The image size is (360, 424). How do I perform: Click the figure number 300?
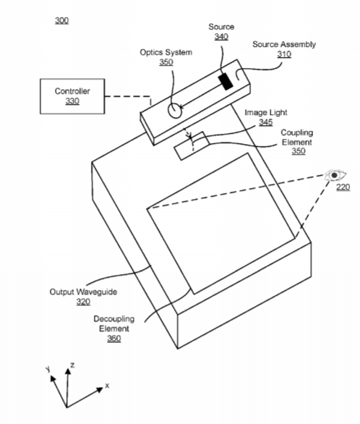(62, 20)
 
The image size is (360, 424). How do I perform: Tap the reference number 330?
(72, 101)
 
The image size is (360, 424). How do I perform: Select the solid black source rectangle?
(226, 81)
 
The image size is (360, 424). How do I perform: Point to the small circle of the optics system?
(175, 111)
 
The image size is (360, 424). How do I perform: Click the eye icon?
(335, 175)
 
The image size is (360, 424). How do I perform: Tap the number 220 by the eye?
(343, 187)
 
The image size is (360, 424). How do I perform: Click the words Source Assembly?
(284, 44)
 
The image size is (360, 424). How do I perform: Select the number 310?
(284, 54)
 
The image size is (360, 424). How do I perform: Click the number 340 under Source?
(221, 36)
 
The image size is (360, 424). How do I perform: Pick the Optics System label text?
(166, 52)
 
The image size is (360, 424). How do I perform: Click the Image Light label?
(266, 112)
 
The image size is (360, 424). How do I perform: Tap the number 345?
(266, 122)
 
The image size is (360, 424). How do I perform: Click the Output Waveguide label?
(83, 292)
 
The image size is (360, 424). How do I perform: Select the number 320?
(83, 302)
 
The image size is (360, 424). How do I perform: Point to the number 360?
(114, 339)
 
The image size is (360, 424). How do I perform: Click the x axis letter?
(107, 386)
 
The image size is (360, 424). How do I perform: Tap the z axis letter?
(72, 365)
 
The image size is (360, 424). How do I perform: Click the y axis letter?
(48, 369)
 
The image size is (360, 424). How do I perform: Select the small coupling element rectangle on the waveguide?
(192, 145)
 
